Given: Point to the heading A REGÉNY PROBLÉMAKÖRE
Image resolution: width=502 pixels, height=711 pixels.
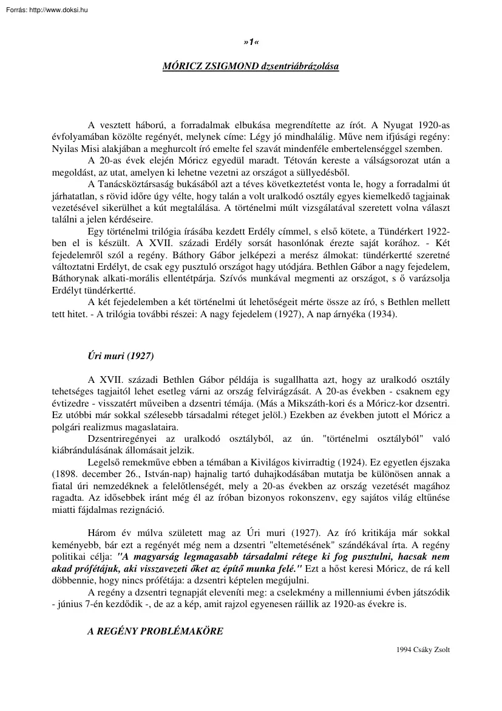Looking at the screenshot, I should point(155,631).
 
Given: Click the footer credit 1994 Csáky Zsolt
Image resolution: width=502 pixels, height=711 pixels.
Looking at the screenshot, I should point(423,649).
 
